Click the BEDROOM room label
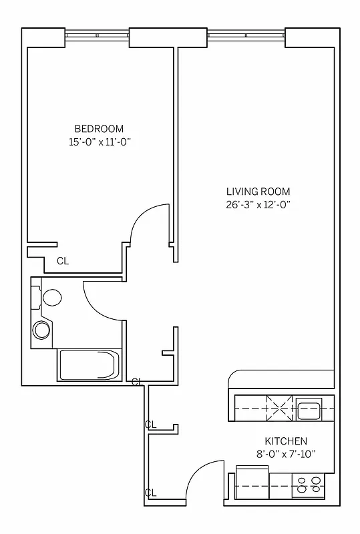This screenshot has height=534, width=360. [99, 129]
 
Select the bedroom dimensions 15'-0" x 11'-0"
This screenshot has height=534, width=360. [99, 142]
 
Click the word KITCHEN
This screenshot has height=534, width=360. [286, 441]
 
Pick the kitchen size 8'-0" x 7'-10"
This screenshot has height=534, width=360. [286, 454]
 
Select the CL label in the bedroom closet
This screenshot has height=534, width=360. [62, 261]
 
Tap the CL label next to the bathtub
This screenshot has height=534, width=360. [137, 382]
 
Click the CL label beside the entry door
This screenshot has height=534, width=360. [151, 493]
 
